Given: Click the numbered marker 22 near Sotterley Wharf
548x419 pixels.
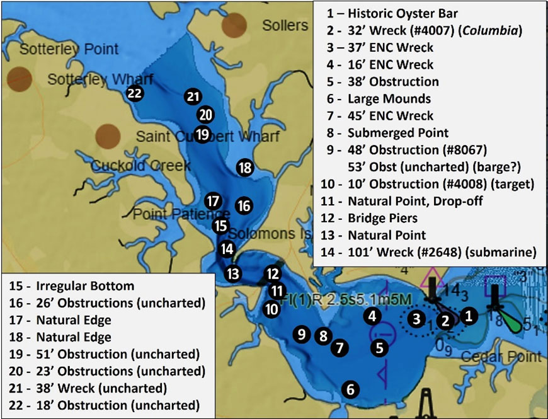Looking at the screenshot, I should tap(134, 93).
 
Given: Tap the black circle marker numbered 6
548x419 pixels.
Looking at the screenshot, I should tap(350, 389).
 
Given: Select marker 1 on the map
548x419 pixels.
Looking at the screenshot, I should tap(468, 316).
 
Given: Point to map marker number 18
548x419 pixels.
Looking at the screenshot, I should tap(244, 168).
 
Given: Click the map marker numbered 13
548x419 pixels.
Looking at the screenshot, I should tap(233, 273).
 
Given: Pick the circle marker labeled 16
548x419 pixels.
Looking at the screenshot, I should tap(244, 205).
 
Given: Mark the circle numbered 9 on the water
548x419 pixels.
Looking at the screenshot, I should tap(302, 334).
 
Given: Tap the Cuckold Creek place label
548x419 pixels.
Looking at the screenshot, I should tap(140, 166).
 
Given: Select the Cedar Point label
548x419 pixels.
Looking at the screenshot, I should tap(510, 357).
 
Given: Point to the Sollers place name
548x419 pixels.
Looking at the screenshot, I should tap(285, 26).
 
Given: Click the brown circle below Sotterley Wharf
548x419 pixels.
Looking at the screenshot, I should tap(108, 136).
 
